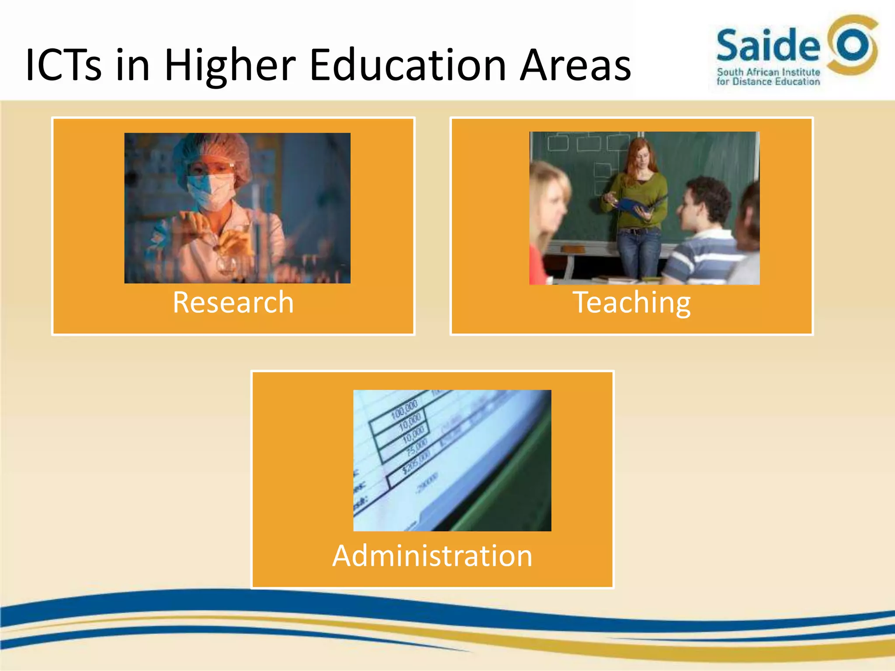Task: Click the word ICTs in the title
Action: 64,66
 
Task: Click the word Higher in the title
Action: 230,66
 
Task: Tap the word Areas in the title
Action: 575,66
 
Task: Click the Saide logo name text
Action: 768,45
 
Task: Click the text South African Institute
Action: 768,72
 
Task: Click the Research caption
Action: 233,302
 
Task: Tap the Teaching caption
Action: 631,302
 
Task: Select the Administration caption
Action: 432,556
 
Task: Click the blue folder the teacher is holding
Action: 638,205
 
